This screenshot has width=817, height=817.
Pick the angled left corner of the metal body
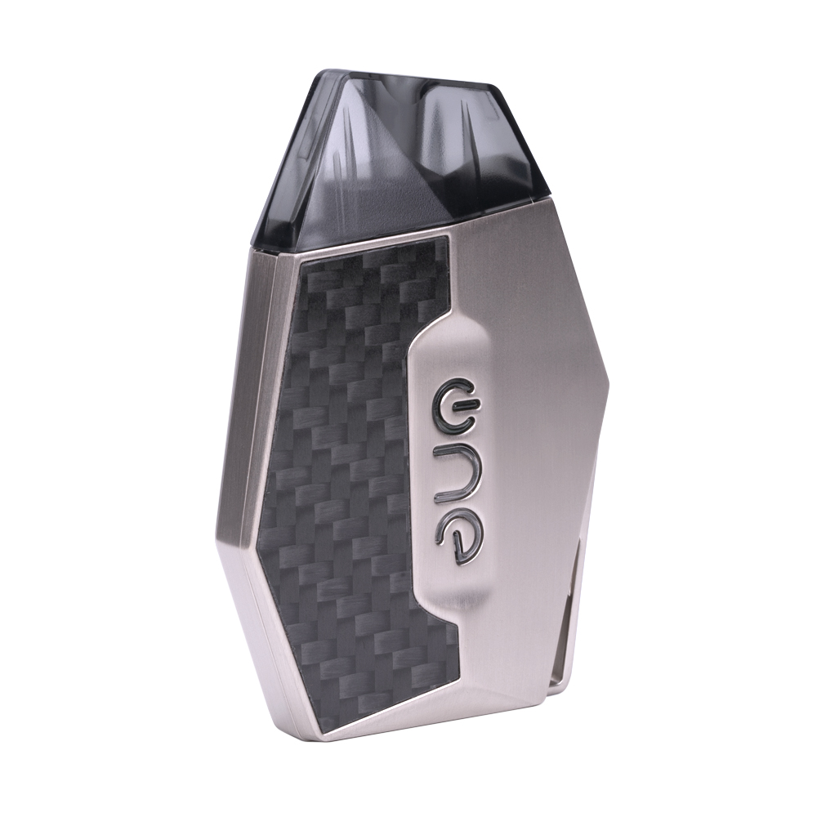(219, 523)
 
